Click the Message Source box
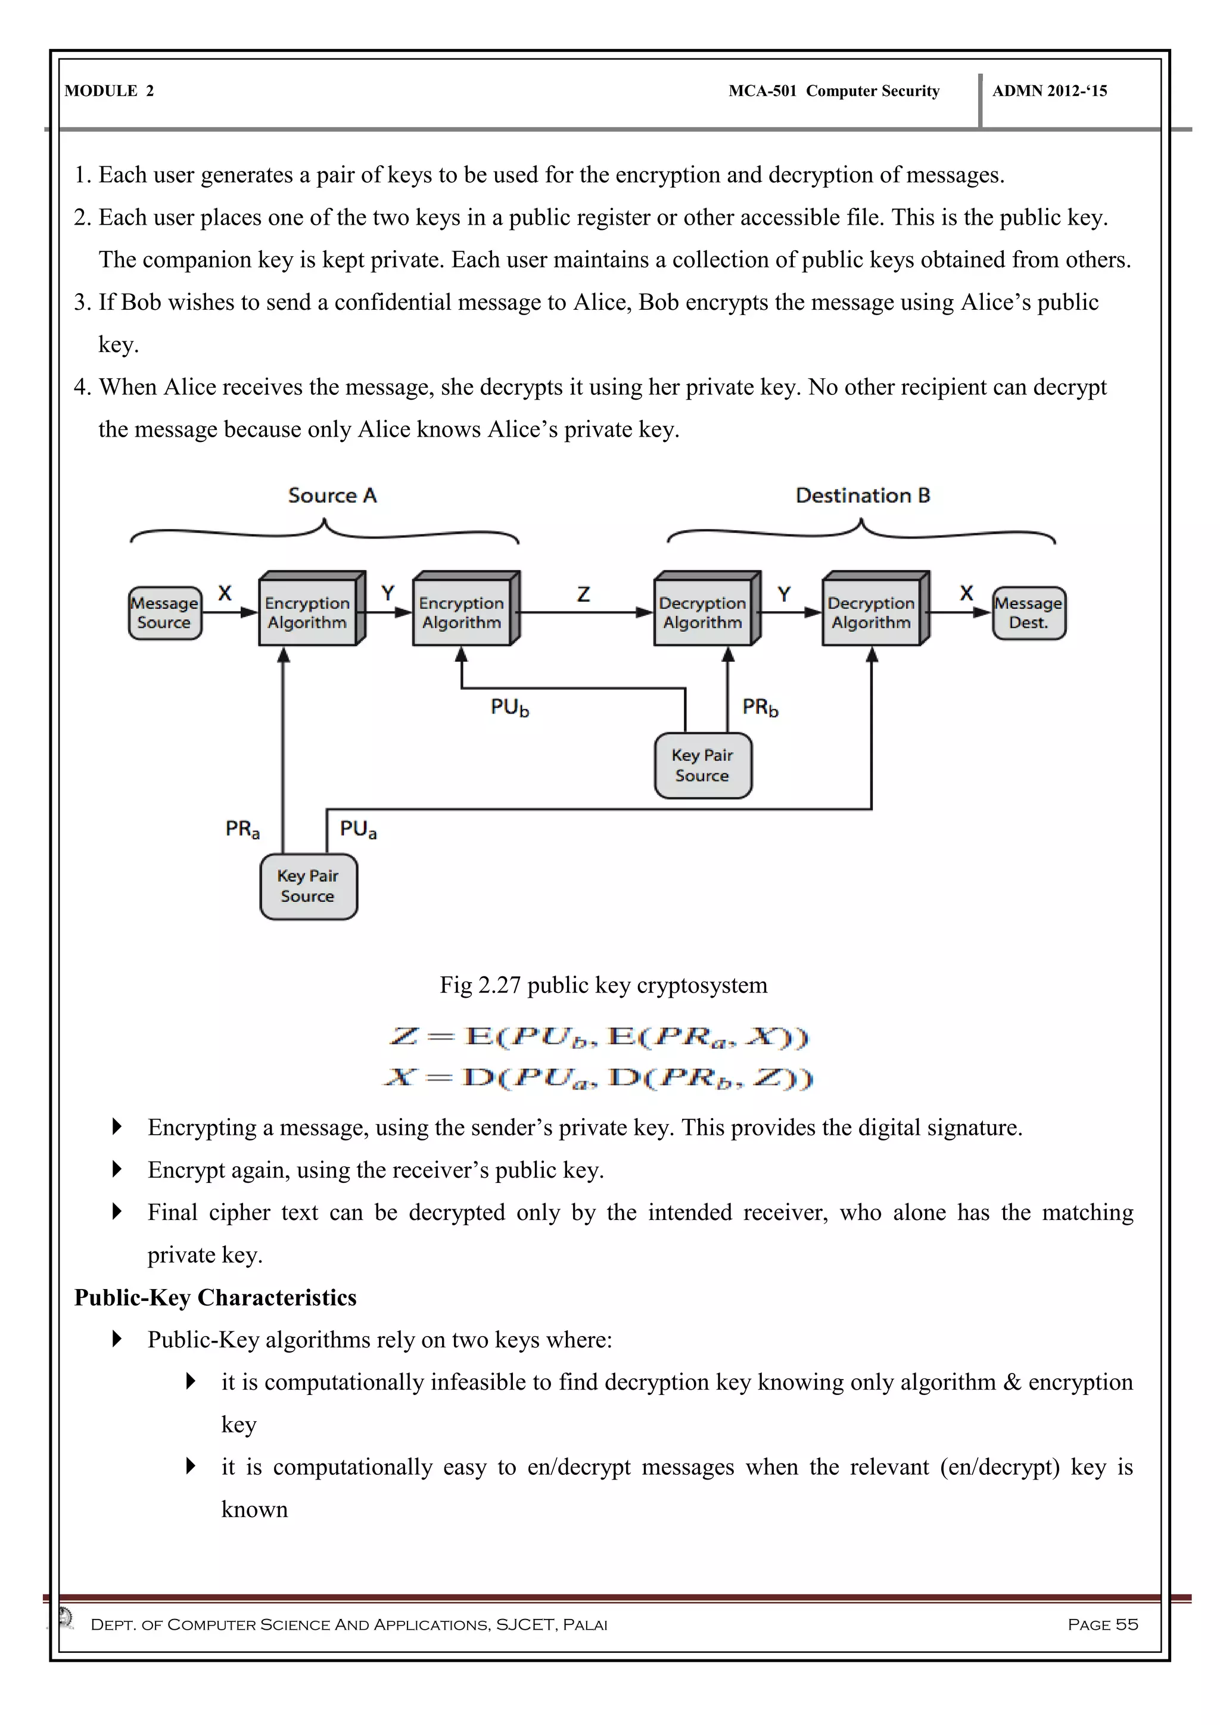click(164, 613)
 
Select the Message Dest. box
click(1028, 613)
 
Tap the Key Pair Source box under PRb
click(702, 765)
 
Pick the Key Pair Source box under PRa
click(308, 886)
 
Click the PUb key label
click(510, 707)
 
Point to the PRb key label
click(760, 707)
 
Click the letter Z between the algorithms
click(584, 594)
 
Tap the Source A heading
click(332, 496)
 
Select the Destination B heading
click(863, 496)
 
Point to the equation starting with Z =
click(599, 1037)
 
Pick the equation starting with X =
click(599, 1078)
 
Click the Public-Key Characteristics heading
click(216, 1297)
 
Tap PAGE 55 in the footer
click(1102, 1624)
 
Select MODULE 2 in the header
click(109, 91)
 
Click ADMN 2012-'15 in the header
click(1050, 91)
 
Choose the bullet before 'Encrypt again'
click(116, 1169)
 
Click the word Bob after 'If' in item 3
click(141, 302)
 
